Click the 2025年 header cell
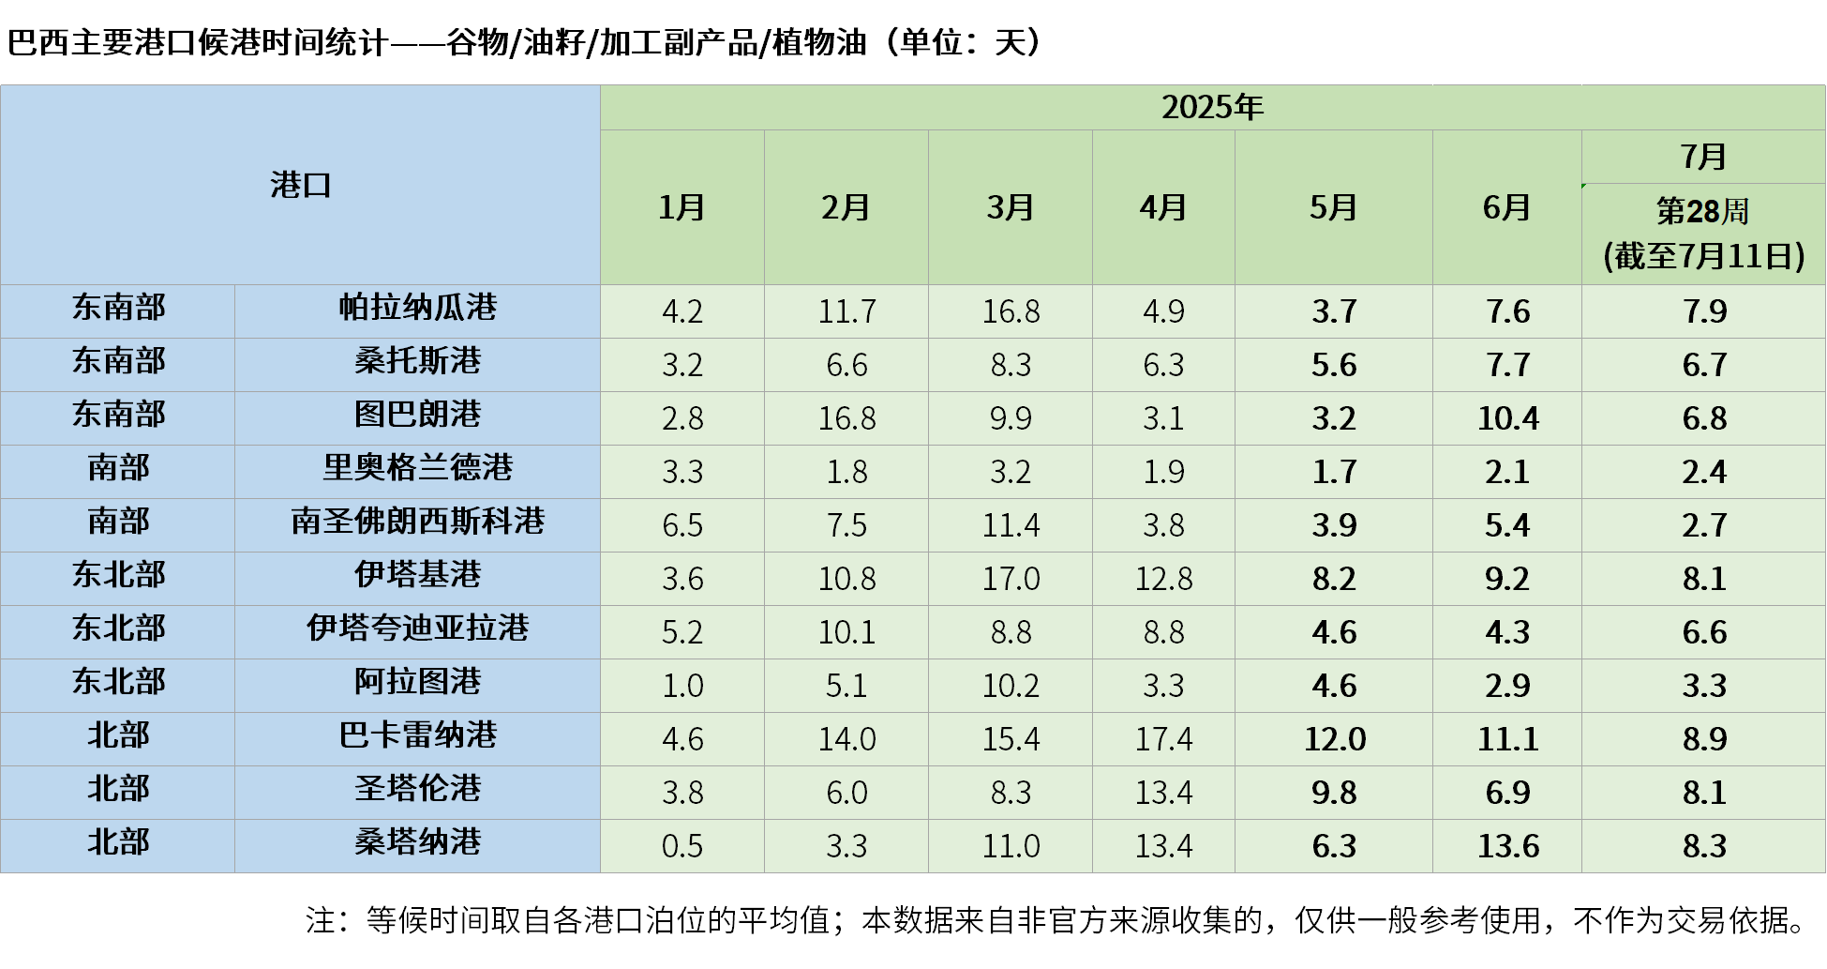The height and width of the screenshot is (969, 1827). click(1212, 108)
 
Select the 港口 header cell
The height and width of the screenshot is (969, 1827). click(300, 185)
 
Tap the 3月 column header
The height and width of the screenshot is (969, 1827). click(1010, 207)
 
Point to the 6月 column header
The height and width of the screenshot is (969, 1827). click(1506, 207)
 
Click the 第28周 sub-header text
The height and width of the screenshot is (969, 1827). click(1702, 212)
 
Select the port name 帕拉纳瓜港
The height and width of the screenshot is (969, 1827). click(417, 308)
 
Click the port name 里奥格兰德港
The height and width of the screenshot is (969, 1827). click(417, 468)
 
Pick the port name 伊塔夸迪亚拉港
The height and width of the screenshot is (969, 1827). click(417, 628)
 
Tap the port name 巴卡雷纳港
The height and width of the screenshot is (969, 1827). click(417, 735)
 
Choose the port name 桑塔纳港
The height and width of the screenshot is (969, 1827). click(417, 842)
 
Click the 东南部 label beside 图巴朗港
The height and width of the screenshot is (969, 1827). click(118, 415)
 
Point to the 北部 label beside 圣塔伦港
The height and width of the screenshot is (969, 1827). click(118, 789)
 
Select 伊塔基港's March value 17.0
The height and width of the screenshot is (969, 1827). click(1011, 579)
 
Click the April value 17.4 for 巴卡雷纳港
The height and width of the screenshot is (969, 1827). click(1163, 739)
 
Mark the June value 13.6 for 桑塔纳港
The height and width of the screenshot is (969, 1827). click(1507, 846)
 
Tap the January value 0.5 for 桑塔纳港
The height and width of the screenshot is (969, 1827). click(681, 846)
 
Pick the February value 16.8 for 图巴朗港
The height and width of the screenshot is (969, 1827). click(846, 418)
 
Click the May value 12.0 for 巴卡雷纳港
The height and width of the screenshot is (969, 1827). click(1334, 739)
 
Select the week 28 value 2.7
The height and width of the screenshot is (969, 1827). click(1703, 525)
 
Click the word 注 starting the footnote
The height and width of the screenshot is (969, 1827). click(320, 920)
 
